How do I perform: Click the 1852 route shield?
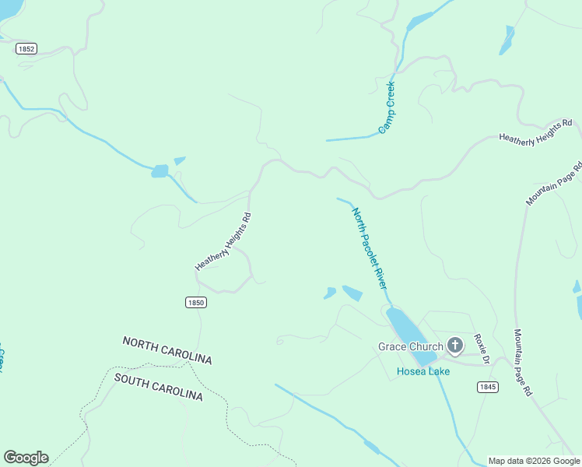(x=26, y=48)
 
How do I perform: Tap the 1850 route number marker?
(x=196, y=302)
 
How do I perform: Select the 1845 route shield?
(x=488, y=387)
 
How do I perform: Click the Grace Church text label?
(x=410, y=346)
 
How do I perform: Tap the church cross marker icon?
(x=455, y=345)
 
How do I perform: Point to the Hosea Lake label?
(x=423, y=371)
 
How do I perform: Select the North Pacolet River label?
(x=369, y=248)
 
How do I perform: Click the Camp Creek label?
(x=387, y=107)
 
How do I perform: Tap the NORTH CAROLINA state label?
(x=167, y=350)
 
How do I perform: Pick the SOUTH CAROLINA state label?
(x=158, y=387)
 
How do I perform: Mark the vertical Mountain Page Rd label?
(x=521, y=362)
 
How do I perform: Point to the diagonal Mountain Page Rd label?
(x=554, y=184)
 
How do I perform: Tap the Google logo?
(x=26, y=458)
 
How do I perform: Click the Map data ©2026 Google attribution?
(x=534, y=461)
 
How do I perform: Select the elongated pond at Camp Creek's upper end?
(x=420, y=20)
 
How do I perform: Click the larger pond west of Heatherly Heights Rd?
(x=160, y=171)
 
